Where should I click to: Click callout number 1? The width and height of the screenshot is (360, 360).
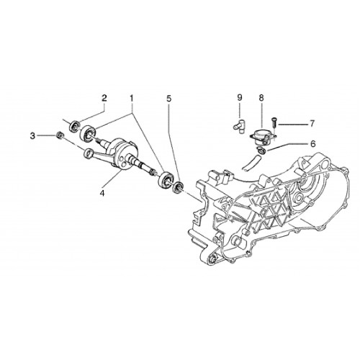tap(132, 98)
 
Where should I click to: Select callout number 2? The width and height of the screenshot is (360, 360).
tap(104, 98)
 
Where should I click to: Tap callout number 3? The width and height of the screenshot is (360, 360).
tap(32, 136)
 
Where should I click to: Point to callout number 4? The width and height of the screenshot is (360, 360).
tap(102, 193)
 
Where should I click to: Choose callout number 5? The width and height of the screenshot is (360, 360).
tap(169, 98)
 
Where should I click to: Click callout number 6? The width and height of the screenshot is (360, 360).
tap(312, 144)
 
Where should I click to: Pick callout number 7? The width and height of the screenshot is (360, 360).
tap(312, 124)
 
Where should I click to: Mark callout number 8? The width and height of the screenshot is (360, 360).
tap(261, 98)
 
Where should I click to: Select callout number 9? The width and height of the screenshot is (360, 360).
tap(240, 98)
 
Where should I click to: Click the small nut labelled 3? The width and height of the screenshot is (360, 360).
tap(59, 135)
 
